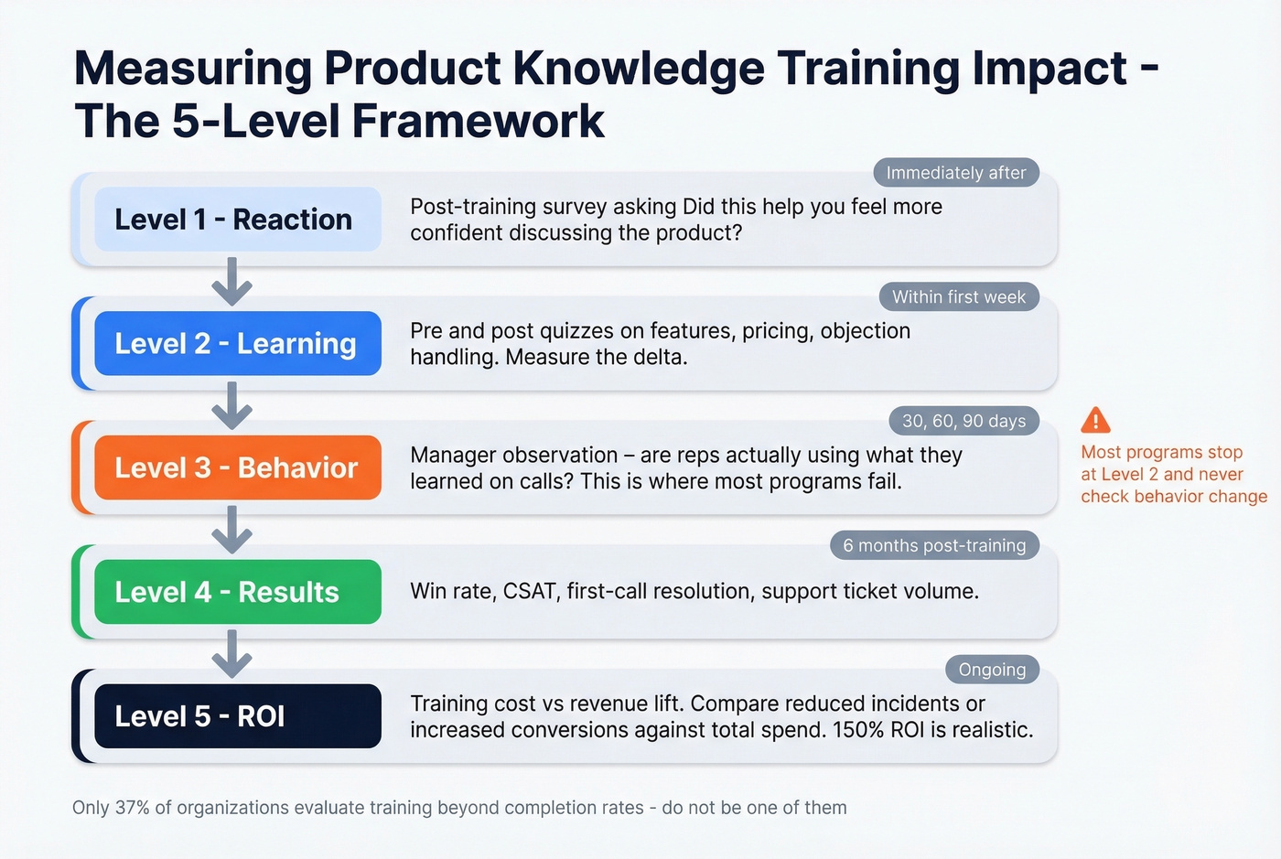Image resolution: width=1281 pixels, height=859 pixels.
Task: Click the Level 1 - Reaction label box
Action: point(237,220)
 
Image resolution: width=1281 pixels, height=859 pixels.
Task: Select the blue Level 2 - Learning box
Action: point(237,344)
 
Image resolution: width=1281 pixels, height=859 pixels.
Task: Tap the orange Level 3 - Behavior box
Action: point(237,467)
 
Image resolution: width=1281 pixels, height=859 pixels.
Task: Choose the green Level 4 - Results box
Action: point(237,592)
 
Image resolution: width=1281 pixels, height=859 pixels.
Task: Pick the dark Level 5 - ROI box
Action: point(237,716)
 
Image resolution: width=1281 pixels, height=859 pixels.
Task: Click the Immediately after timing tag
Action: point(956,173)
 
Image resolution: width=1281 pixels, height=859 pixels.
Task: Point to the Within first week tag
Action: point(959,297)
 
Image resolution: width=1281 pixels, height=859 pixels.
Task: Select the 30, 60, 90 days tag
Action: point(963,421)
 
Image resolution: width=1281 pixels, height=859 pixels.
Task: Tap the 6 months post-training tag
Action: point(934,545)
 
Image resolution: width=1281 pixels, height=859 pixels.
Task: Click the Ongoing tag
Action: point(992,670)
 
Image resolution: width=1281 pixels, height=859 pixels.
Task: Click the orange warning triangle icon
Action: point(1095,421)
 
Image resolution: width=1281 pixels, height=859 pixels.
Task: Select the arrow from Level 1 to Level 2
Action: point(232,281)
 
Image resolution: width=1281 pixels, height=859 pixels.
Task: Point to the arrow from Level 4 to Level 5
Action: point(232,653)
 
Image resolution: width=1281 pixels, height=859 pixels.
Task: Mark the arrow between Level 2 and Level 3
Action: point(232,405)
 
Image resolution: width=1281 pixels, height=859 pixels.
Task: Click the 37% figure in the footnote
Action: point(132,808)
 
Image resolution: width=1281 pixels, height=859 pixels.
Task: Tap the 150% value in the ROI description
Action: point(858,730)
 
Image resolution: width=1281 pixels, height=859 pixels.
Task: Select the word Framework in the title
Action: point(478,121)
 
